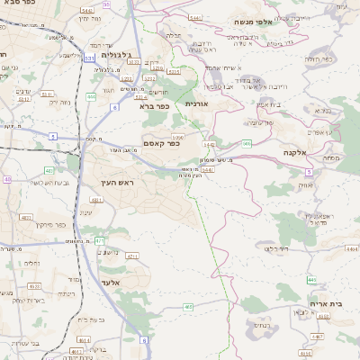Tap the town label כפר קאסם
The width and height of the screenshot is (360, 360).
click(x=162, y=143)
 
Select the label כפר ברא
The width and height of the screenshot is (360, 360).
click(x=154, y=106)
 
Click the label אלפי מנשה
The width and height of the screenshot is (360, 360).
click(x=254, y=22)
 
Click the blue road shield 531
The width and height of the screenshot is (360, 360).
click(x=89, y=58)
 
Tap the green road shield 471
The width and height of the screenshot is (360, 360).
click(x=100, y=241)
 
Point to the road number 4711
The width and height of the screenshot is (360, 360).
click(x=132, y=256)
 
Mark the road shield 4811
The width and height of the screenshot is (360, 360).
click(x=97, y=201)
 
